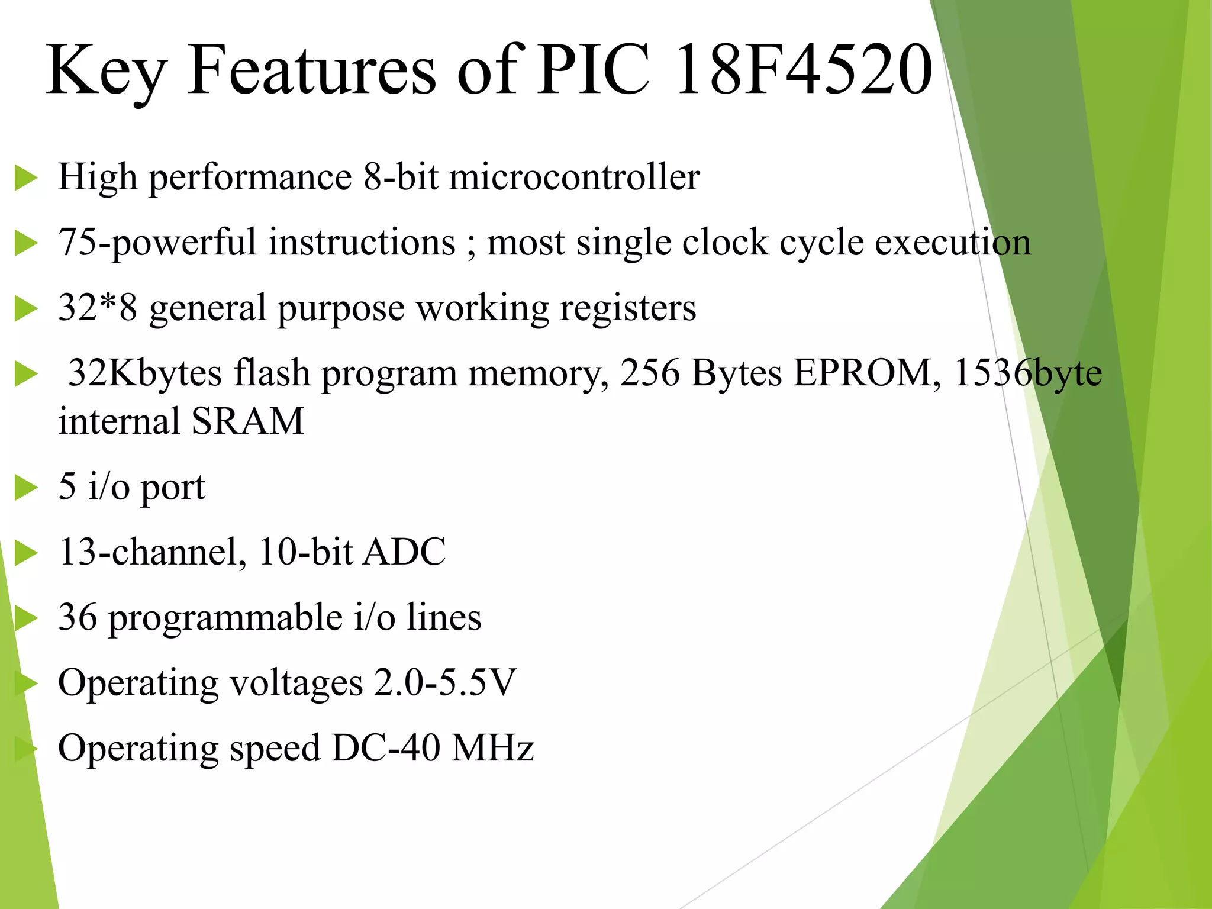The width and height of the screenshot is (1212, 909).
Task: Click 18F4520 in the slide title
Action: [803, 70]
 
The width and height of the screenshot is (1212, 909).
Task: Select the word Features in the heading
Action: [312, 70]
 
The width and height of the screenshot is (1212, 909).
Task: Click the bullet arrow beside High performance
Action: [25, 178]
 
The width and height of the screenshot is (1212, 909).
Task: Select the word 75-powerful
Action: [157, 243]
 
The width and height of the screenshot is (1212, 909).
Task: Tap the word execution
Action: [952, 243]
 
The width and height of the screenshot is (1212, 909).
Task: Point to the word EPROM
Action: [862, 373]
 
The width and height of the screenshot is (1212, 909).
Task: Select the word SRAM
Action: [247, 421]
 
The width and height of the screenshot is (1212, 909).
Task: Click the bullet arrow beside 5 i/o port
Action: [25, 488]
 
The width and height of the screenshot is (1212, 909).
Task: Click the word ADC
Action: [404, 552]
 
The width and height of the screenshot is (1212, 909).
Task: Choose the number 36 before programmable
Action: [78, 617]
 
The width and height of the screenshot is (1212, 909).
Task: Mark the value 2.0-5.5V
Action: [444, 682]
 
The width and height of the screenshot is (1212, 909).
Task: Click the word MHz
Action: [492, 747]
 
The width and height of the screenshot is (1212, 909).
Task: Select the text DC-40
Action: [385, 747]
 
